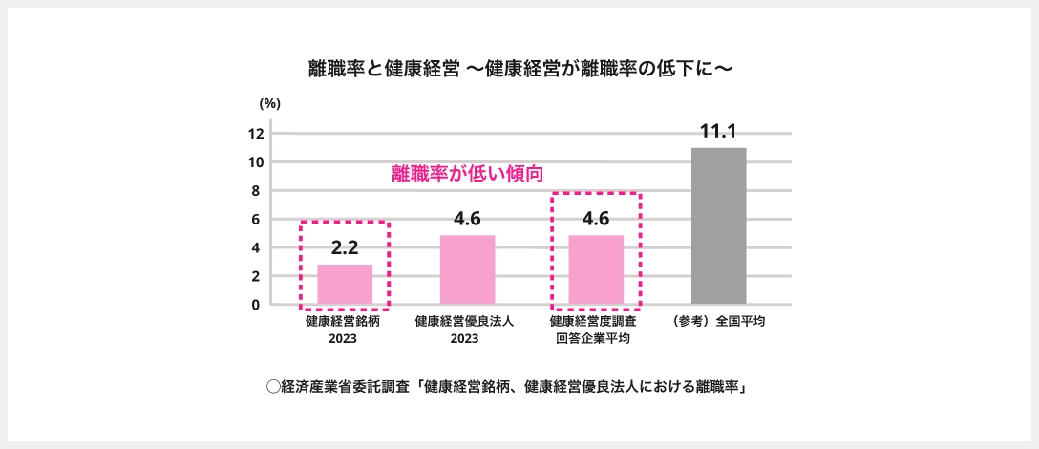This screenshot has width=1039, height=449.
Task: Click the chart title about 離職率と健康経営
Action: [x=519, y=69]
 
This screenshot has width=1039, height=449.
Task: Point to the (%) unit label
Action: [x=269, y=103]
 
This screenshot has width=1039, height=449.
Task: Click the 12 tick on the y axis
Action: [x=255, y=134]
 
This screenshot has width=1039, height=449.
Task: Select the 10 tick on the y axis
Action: [x=255, y=162]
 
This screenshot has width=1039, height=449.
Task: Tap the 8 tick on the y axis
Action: [x=256, y=191]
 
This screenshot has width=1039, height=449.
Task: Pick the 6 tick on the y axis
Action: [x=256, y=220]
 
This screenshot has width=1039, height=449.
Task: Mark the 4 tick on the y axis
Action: [x=256, y=248]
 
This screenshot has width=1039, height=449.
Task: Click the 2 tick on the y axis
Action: [x=256, y=277]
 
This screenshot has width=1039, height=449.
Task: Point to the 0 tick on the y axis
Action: [x=256, y=305]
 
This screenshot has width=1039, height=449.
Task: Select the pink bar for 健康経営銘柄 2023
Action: [x=345, y=285]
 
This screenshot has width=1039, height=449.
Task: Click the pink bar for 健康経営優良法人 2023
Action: [x=467, y=270]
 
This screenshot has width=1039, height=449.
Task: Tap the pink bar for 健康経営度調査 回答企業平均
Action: [x=596, y=270]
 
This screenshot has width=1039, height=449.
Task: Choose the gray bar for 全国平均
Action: [x=718, y=226]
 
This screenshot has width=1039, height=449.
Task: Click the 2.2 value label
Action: [x=345, y=248]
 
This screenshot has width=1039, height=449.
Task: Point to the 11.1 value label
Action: [x=718, y=132]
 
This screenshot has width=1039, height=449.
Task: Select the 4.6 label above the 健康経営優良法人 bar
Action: [x=467, y=219]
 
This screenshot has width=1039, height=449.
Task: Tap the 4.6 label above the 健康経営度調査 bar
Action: [x=596, y=219]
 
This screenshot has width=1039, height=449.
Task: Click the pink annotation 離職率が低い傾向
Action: [x=468, y=175]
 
